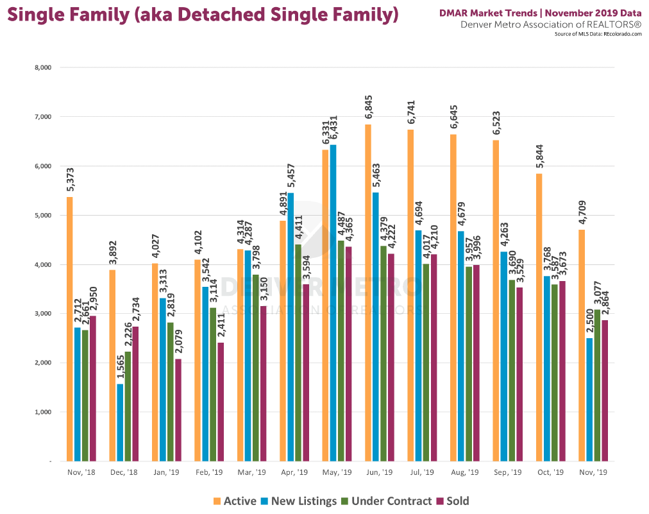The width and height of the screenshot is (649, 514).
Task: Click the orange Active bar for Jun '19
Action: [368, 293]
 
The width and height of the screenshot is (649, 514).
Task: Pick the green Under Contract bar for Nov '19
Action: [598, 385]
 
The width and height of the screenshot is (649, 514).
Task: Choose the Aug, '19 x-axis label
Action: [464, 472]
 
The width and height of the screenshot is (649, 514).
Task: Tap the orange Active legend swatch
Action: [217, 501]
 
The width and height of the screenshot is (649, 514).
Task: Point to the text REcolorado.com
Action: [621, 33]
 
